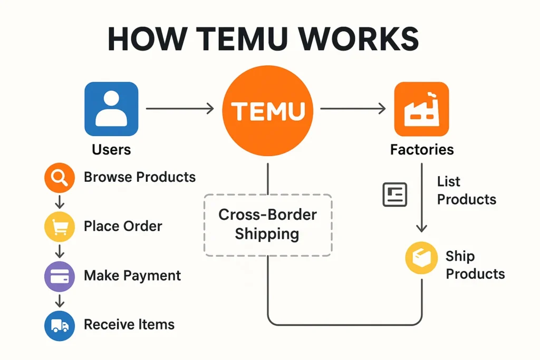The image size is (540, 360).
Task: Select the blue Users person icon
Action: [x=111, y=109]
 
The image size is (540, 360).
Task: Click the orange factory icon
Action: [x=421, y=109]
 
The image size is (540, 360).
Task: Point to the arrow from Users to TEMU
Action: [x=179, y=109]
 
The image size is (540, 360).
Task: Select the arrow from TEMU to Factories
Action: [x=353, y=109]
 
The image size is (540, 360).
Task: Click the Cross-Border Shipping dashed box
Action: [x=267, y=225]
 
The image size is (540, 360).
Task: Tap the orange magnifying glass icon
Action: [x=60, y=178]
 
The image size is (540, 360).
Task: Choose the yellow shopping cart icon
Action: [x=60, y=227]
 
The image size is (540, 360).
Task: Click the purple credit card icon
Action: [x=60, y=276]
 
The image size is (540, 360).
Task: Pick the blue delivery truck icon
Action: [x=60, y=325]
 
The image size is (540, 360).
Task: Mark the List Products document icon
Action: [x=394, y=194]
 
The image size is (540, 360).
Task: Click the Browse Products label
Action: [x=140, y=177]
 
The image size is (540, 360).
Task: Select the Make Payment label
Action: [x=132, y=276]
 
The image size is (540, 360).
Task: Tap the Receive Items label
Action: [x=129, y=325]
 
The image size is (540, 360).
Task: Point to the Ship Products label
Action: [x=475, y=265]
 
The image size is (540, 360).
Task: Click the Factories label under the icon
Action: [x=422, y=150]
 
